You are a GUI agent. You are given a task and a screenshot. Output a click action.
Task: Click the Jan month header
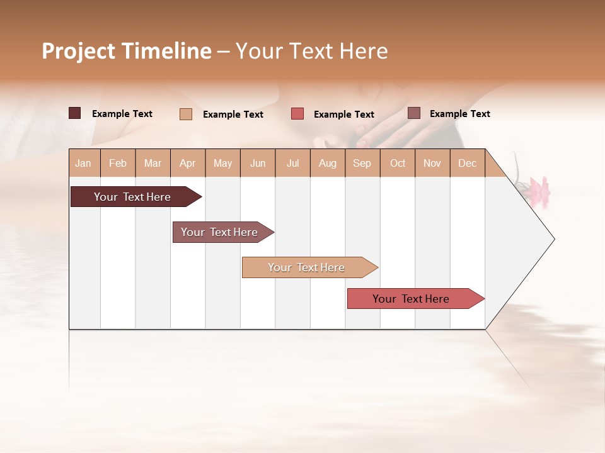coord(83,163)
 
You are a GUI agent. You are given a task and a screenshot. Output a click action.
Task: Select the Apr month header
coord(187,163)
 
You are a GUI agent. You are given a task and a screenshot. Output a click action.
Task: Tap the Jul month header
coord(292,163)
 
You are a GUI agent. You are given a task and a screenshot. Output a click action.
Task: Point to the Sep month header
coord(362,163)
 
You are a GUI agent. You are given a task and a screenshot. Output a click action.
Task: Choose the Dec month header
coord(467,163)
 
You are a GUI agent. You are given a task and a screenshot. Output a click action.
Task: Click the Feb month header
coord(118,163)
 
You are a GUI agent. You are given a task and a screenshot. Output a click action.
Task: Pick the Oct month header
coord(398,163)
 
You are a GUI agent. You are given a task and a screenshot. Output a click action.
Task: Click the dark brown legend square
coord(74,113)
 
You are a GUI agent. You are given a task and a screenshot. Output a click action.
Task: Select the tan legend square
coord(186,114)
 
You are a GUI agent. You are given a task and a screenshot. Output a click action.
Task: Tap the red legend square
coord(297,114)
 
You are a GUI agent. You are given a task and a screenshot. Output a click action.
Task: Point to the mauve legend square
coord(414,113)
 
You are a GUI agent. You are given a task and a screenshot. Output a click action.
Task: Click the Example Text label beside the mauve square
coord(459,114)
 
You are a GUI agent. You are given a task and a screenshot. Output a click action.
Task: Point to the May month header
coord(222,163)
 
